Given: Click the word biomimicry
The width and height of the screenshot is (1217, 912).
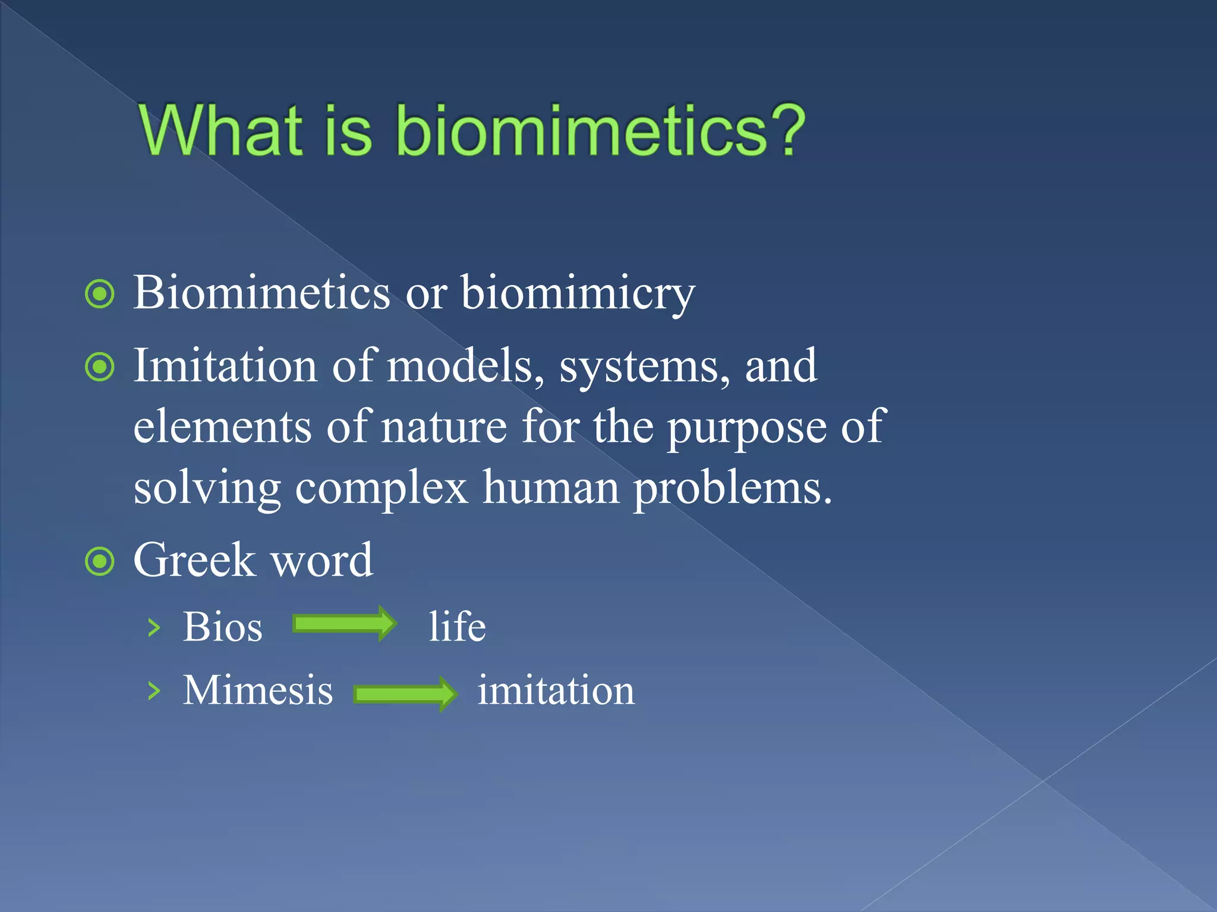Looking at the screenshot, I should click(x=578, y=293).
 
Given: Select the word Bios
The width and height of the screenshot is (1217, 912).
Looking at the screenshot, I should click(x=222, y=627).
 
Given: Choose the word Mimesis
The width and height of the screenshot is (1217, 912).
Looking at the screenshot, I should click(x=257, y=690).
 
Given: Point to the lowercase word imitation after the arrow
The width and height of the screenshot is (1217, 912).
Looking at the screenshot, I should click(x=556, y=690).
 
